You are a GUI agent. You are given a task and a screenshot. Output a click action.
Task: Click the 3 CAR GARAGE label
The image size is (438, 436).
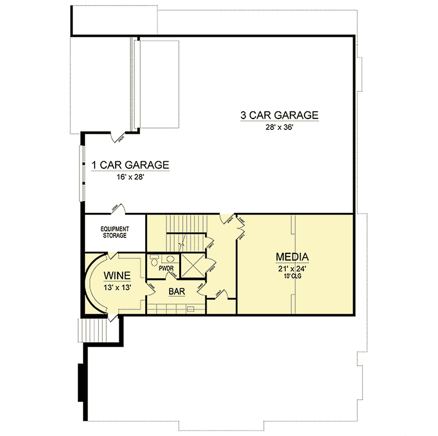coord(279,115)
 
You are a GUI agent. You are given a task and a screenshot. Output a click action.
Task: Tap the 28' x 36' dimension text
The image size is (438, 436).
coord(279,128)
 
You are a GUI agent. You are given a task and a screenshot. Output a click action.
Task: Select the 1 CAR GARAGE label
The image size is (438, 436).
coord(130,165)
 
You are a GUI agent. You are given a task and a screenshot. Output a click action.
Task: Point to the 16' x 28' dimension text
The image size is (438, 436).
coord(130,178)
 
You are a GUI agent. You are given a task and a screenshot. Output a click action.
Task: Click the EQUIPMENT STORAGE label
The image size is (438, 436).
coord(114,231)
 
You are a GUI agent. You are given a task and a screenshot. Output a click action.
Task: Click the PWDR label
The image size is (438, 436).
coord(166,269)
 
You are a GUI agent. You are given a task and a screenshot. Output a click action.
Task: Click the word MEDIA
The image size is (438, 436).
coord(292,257)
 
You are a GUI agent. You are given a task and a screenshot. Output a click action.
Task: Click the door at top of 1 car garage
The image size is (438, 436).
coord(118,137)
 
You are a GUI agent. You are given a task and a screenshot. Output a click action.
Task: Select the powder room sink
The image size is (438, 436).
coord(170,258)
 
